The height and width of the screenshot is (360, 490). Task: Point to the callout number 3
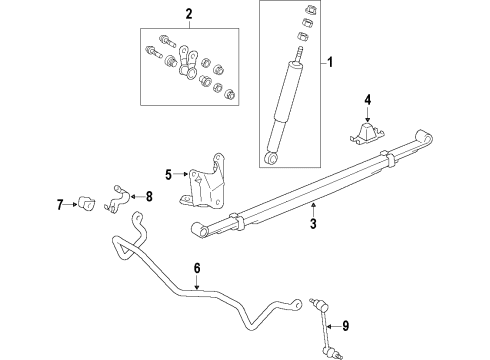click(312, 224)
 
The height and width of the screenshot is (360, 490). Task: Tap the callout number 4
click(367, 99)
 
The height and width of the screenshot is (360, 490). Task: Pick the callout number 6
click(197, 267)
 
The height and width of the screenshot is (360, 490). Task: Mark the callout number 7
click(59, 205)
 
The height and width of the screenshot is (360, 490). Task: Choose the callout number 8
click(149, 196)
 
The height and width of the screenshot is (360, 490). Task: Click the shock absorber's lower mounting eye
click(270, 157)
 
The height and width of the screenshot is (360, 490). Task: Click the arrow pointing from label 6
click(197, 284)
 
